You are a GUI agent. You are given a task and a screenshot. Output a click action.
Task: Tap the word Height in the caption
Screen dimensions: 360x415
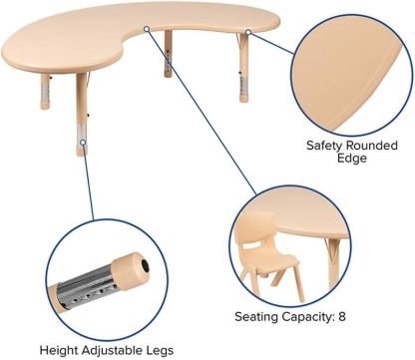59,350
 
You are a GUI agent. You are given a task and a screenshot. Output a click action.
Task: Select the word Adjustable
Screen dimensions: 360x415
117,350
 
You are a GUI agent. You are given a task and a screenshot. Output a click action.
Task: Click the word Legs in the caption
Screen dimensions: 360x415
166,350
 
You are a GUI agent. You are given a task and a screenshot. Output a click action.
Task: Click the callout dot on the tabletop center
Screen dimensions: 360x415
148,29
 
